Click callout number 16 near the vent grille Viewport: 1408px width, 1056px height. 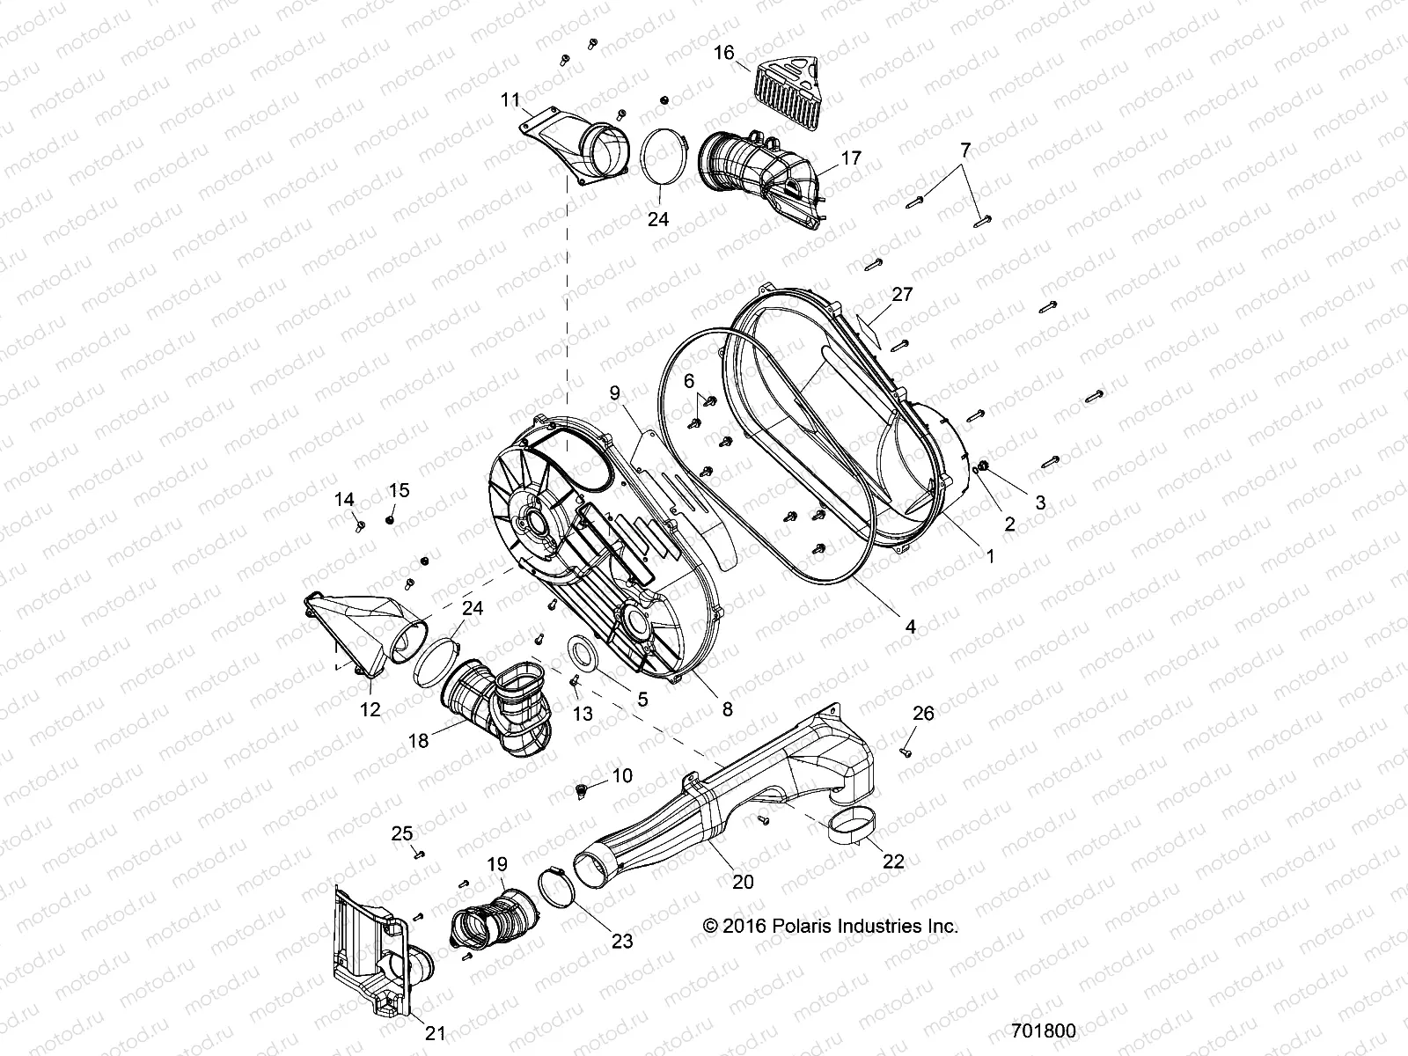[723, 53]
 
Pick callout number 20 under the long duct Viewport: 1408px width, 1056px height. [743, 882]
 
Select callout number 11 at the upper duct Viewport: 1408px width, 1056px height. [511, 99]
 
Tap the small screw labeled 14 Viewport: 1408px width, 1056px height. [360, 525]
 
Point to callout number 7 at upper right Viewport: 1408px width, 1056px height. [965, 150]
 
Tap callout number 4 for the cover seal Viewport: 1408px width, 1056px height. [911, 627]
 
